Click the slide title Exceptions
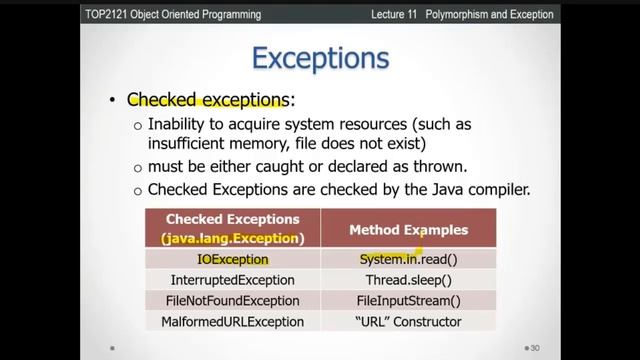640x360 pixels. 319,58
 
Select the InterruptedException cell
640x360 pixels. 232,280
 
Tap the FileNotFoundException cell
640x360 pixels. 232,301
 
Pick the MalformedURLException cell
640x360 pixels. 232,322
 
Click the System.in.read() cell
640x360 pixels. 408,259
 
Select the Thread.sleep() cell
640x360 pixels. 408,280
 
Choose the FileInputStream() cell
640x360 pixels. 408,301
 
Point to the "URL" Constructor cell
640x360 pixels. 408,322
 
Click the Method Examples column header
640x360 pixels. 408,230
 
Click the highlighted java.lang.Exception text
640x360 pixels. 232,239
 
